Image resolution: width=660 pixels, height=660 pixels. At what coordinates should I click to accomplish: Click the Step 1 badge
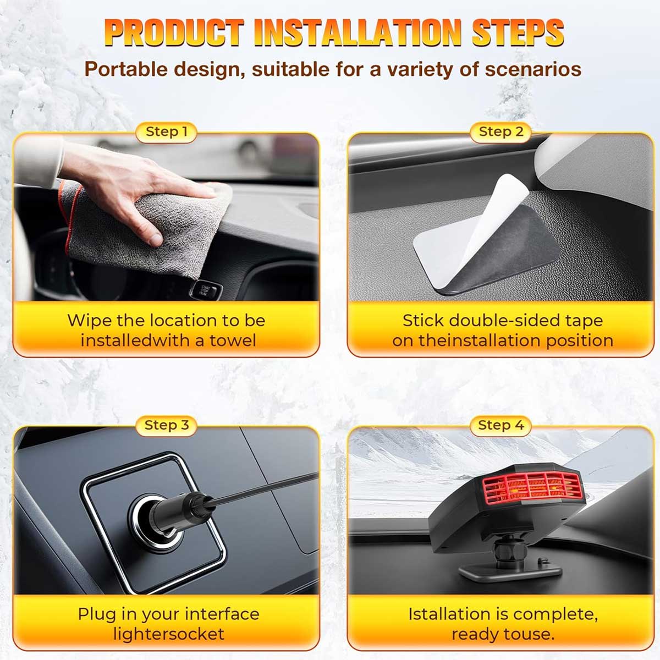tap(166, 132)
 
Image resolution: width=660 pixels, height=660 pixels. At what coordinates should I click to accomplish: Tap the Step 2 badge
tap(501, 132)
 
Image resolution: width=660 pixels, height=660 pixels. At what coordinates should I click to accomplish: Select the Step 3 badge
tap(166, 426)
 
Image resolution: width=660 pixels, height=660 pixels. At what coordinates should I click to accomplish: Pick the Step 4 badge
tap(501, 426)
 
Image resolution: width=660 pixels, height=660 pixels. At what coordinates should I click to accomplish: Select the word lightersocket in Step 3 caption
tap(169, 634)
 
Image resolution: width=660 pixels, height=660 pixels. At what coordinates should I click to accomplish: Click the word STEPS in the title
tap(518, 32)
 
